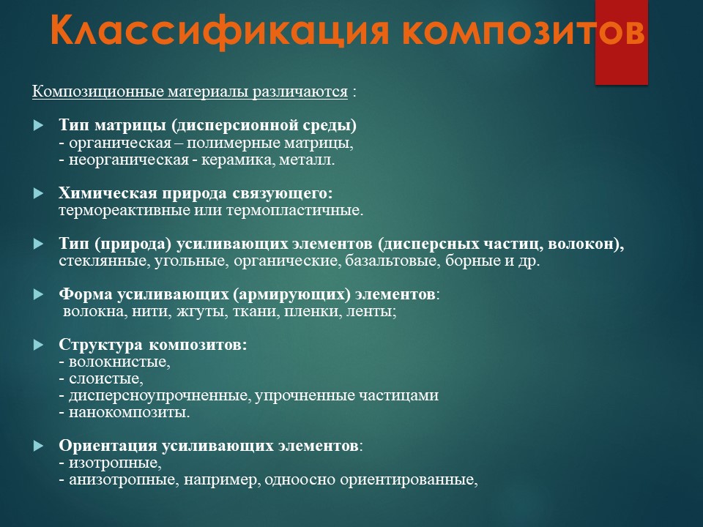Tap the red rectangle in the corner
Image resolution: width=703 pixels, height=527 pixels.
pos(622,42)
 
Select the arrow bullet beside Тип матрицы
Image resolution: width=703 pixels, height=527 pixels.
pos(39,125)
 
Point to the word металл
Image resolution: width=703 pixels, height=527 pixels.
pos(307,160)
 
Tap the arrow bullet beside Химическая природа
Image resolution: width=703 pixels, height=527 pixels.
pos(39,193)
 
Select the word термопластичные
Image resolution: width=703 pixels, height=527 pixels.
pos(294,210)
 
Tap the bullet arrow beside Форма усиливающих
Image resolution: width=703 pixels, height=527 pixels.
pos(39,294)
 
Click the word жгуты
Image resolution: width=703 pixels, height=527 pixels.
pos(202,311)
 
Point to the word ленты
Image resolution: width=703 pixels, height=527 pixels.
pos(371,311)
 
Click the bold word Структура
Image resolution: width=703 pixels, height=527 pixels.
pos(101,345)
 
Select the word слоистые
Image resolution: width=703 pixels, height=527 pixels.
pos(106,378)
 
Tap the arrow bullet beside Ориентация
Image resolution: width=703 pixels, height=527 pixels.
pos(39,446)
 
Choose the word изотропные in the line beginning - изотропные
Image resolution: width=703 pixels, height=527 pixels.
pos(115,463)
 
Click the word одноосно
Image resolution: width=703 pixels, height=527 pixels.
pos(299,479)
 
